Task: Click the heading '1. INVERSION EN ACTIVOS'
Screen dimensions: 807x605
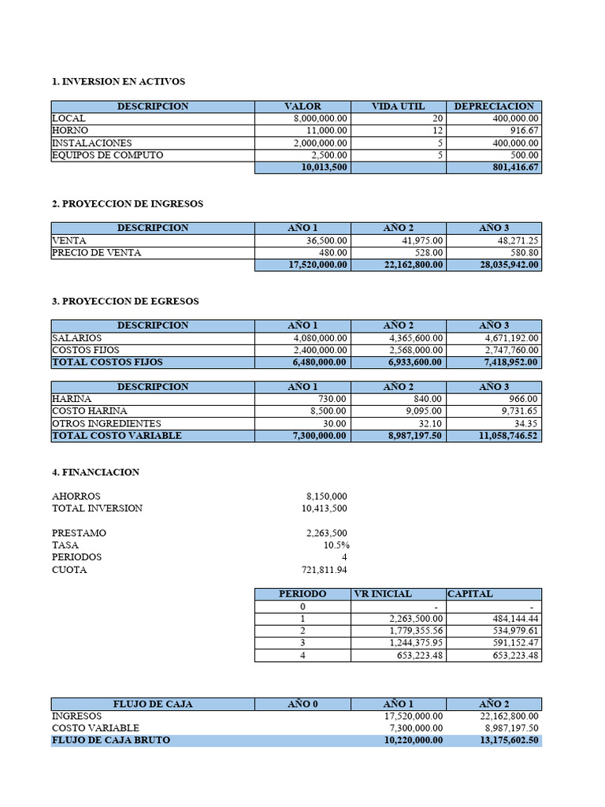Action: [118, 81]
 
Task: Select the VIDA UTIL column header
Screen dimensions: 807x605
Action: [398, 106]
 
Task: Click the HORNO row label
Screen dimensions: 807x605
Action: [70, 131]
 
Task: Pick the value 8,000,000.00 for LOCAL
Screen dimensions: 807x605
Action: [320, 118]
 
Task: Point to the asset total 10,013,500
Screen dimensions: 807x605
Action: [324, 168]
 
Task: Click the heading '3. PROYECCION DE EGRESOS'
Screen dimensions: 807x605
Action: [125, 301]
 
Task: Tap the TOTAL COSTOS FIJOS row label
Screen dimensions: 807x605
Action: [107, 363]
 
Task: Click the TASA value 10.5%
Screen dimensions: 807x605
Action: [336, 545]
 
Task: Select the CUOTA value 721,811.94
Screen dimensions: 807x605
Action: [325, 570]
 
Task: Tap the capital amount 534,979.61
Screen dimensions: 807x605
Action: [511, 631]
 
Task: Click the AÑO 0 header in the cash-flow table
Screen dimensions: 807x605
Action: [302, 704]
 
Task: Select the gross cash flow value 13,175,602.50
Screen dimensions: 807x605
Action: [502, 741]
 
